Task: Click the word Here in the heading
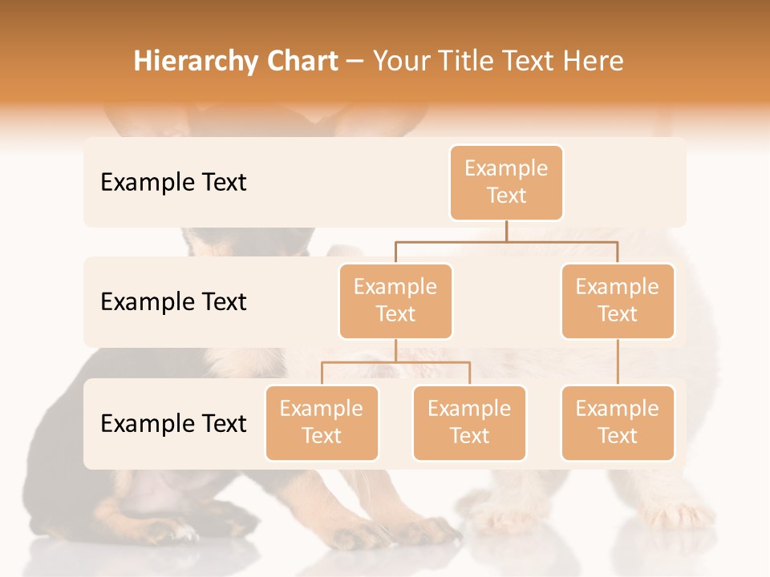pos(593,61)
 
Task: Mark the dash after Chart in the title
pos(355,61)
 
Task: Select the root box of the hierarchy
pos(506,183)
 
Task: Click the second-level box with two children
pos(395,301)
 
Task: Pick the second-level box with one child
pos(618,301)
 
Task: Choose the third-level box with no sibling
pos(618,423)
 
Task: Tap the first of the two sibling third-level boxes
pos(322,423)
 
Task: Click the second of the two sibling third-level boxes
pos(469,423)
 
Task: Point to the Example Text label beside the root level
pos(173,183)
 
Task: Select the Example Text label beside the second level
pos(173,302)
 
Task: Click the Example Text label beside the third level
pos(173,424)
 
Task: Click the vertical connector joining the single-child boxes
pos(618,362)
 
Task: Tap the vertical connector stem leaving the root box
pos(506,231)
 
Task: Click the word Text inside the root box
pos(506,196)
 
